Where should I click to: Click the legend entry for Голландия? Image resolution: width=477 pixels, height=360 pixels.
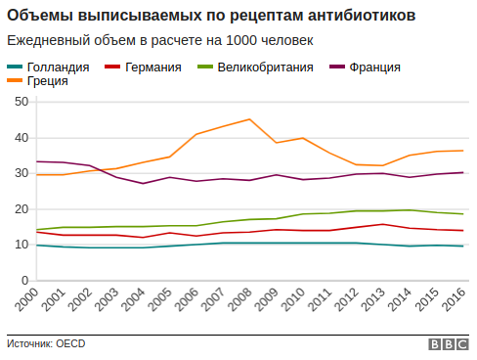click(57, 67)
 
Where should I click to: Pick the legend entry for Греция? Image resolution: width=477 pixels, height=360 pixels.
click(48, 81)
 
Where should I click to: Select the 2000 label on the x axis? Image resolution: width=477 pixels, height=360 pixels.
click(28, 302)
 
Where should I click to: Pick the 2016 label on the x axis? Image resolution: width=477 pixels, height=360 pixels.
click(454, 302)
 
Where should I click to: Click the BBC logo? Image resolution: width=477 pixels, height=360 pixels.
click(448, 344)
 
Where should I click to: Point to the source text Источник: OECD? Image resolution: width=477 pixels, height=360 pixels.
click(47, 344)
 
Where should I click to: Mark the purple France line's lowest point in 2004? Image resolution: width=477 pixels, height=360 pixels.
click(143, 183)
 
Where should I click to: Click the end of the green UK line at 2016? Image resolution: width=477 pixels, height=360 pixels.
click(462, 214)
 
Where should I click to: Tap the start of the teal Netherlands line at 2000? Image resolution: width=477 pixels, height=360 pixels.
click(36, 245)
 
